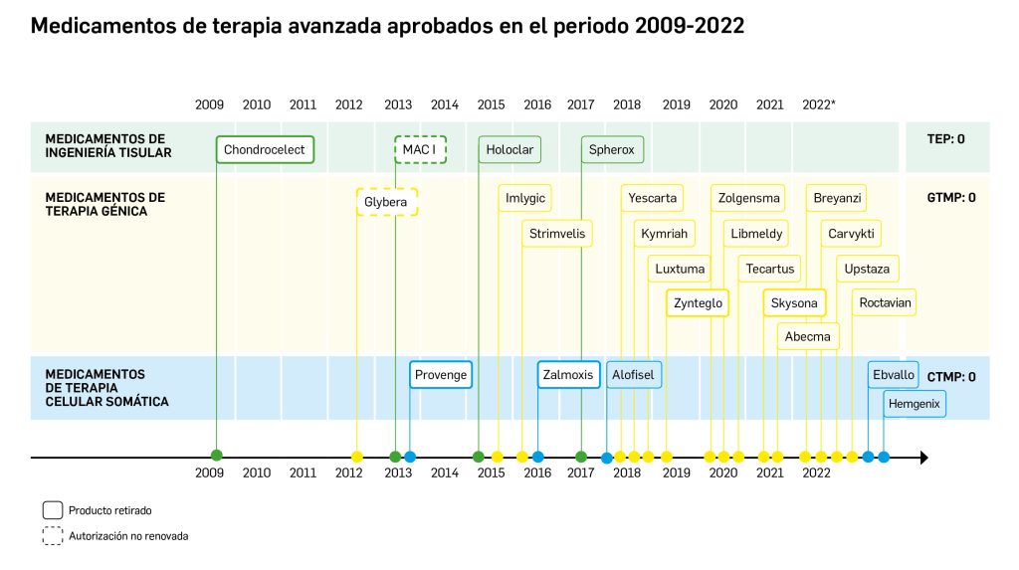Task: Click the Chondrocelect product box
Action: pos(265,150)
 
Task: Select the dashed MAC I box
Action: pos(420,150)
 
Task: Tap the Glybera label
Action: pos(386,202)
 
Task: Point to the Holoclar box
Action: pos(509,150)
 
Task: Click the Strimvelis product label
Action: pos(557,234)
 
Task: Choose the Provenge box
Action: pos(440,375)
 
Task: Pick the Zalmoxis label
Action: pos(567,375)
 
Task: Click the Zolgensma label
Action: pos(748,198)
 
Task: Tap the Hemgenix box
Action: pos(915,404)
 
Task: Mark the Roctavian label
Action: pos(885,302)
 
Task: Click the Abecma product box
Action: pos(808,336)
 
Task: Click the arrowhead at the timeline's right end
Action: pos(923,458)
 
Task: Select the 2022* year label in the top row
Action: pos(818,104)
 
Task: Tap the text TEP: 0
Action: pos(945,139)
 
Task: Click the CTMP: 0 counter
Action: pos(950,377)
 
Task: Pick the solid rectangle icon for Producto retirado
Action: pos(53,510)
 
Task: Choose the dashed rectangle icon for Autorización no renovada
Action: pos(53,536)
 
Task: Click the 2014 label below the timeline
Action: pos(444,474)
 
